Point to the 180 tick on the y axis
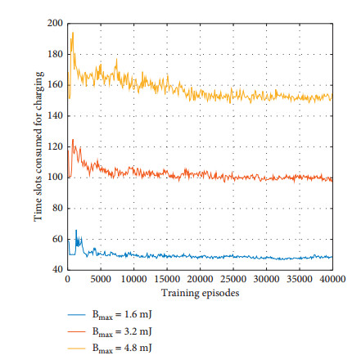pyautogui.click(x=56, y=55)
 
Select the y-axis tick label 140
pyautogui.click(x=56, y=116)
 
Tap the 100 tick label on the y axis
pyautogui.click(x=56, y=178)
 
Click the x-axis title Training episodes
pyautogui.click(x=200, y=291)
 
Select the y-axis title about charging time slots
pyautogui.click(x=38, y=146)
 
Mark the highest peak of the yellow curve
pyautogui.click(x=73, y=32)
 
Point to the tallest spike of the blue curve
pyautogui.click(x=76, y=231)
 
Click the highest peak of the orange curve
pyautogui.click(x=73, y=139)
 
